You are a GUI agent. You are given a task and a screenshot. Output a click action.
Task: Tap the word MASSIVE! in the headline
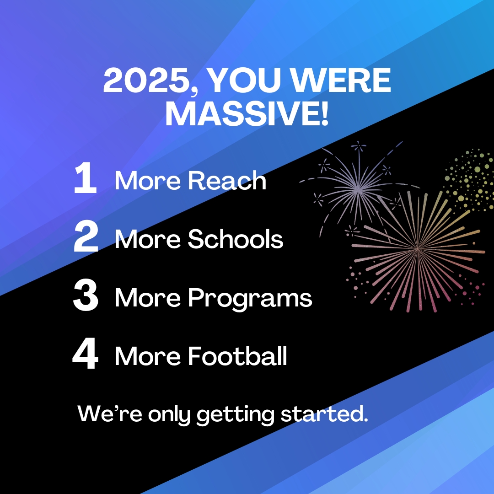[x=247, y=113]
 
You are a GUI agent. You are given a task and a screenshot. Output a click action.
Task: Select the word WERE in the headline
[x=341, y=80]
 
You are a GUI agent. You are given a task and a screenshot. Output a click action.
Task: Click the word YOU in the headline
[x=244, y=80]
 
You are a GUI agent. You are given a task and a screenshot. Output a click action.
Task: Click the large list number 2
[x=86, y=236]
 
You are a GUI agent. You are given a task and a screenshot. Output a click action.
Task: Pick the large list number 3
[x=86, y=295]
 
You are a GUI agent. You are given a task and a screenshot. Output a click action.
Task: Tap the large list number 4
[x=86, y=353]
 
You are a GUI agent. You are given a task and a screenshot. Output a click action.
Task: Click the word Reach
[x=227, y=181]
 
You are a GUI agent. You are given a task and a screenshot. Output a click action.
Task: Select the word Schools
[x=236, y=239]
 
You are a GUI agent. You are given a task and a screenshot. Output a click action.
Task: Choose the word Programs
[x=250, y=298]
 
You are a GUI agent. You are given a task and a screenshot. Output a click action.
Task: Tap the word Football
[x=237, y=356]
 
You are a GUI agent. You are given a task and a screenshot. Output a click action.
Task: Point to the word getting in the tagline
[x=236, y=415]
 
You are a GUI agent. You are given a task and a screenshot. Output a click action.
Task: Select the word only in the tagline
[x=170, y=415]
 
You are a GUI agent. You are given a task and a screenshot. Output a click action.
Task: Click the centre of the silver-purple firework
[x=358, y=189]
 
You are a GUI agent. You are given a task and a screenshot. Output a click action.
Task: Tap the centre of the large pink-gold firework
[x=418, y=249]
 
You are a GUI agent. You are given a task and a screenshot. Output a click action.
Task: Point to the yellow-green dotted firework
[x=469, y=180]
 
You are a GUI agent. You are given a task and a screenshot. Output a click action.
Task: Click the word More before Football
[x=148, y=356]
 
